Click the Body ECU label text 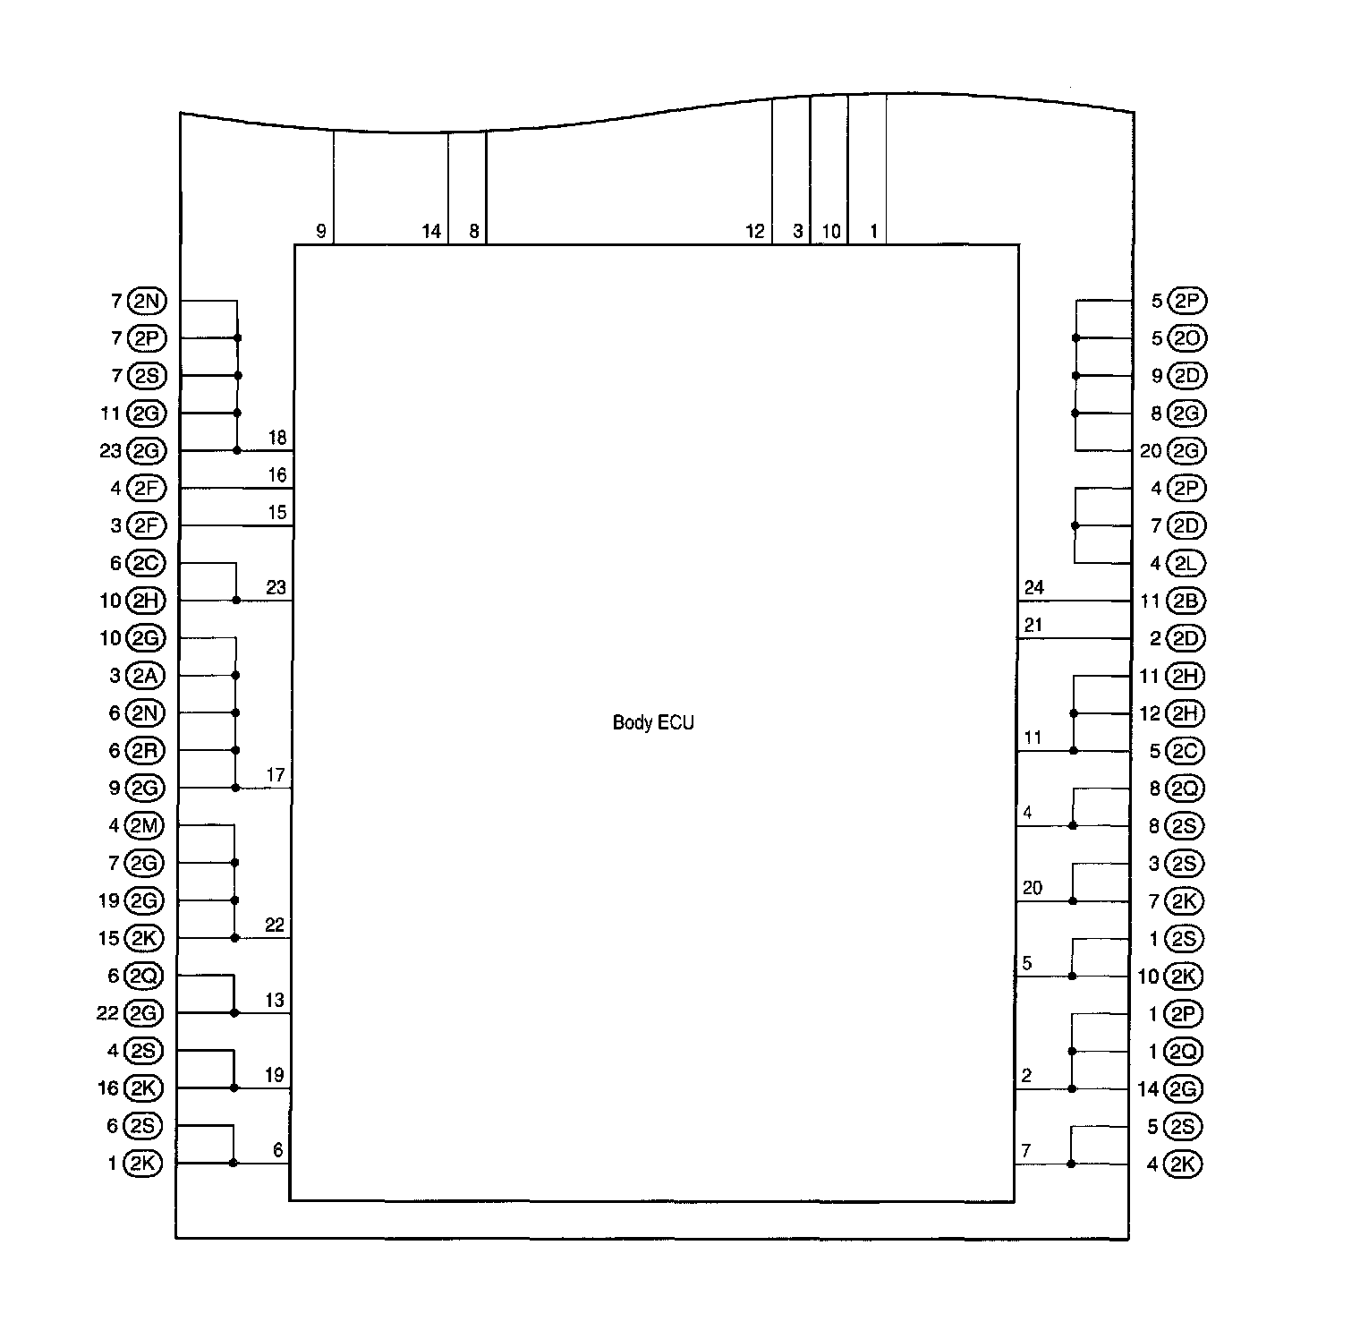(x=653, y=722)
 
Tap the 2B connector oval (x=1185, y=601)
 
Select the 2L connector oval (x=1185, y=563)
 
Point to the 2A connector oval (x=145, y=676)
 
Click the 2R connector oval (x=145, y=750)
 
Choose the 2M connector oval (x=144, y=825)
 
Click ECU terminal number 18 (x=277, y=438)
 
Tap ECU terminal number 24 (x=1033, y=588)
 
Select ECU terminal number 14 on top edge (x=431, y=232)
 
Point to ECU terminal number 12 (x=755, y=232)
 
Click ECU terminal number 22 (x=275, y=925)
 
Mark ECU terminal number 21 (x=1033, y=626)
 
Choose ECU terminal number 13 (x=275, y=1000)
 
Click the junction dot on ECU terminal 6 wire (x=234, y=1163)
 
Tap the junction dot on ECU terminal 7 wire (x=1071, y=1164)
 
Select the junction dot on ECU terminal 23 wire (x=236, y=600)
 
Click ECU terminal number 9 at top (x=321, y=232)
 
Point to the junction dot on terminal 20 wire (x=1073, y=901)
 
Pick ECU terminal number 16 (x=277, y=475)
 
